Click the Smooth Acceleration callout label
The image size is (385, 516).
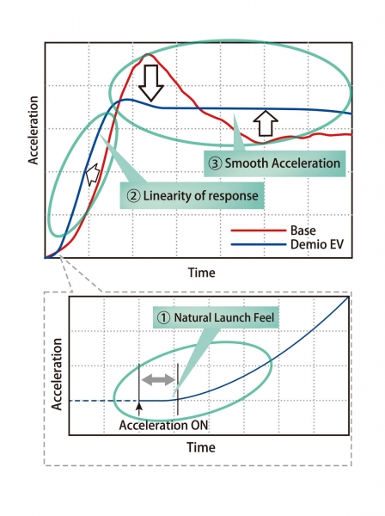click(274, 163)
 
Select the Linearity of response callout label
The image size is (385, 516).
click(192, 196)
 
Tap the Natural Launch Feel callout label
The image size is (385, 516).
click(216, 317)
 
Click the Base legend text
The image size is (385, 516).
click(302, 230)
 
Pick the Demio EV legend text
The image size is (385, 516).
click(317, 244)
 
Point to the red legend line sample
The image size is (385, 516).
click(259, 230)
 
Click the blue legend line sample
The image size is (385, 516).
click(259, 244)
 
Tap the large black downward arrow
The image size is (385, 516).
click(151, 83)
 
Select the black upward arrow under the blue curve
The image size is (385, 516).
click(266, 123)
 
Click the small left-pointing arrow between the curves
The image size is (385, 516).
click(93, 174)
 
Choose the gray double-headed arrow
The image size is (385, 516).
click(158, 379)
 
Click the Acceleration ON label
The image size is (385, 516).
click(163, 425)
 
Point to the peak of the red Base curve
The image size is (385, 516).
click(147, 54)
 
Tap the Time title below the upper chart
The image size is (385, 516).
click(202, 273)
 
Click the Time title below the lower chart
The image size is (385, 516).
click(201, 447)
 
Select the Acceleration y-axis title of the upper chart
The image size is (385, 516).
click(34, 131)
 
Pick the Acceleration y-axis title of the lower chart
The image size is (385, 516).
click(57, 374)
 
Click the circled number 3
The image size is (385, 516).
click(216, 163)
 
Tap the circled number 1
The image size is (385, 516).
click(163, 318)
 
